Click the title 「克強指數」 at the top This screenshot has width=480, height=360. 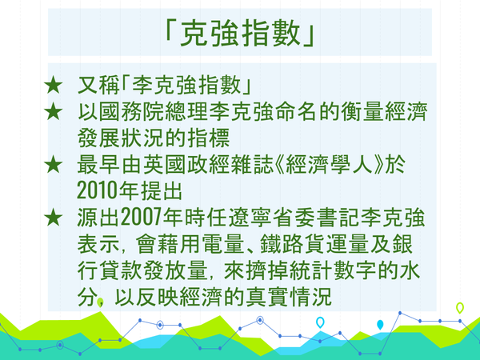point(240,33)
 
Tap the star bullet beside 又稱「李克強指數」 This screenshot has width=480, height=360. point(54,85)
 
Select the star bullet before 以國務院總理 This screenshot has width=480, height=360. point(54,112)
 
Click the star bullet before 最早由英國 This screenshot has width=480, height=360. point(54,164)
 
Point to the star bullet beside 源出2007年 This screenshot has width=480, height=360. point(54,218)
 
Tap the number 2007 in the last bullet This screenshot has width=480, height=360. point(141,218)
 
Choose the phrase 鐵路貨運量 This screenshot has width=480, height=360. point(314,244)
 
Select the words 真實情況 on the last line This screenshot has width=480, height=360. point(289,297)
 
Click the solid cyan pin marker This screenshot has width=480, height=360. point(380,325)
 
